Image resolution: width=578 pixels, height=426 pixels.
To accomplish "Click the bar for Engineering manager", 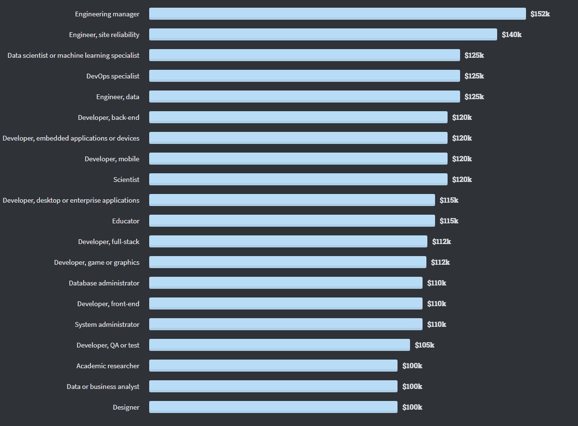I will point(337,14).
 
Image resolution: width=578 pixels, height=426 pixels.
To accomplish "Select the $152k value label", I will point(540,14).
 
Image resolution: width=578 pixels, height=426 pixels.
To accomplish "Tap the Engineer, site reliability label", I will point(104,35).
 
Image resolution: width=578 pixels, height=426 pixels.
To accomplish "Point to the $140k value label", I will point(512,35).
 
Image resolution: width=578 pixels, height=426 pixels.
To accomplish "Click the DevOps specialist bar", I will point(304,76).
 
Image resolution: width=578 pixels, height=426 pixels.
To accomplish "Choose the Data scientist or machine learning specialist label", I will point(73,55).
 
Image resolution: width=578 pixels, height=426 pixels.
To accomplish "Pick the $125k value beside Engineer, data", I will point(474,97).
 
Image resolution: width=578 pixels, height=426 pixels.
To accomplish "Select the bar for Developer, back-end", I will point(298,117).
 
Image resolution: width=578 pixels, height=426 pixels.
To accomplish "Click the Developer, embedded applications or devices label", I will point(71,138).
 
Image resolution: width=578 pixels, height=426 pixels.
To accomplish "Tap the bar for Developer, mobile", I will point(298,159).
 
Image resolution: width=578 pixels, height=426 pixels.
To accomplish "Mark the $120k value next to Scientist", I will point(462,180).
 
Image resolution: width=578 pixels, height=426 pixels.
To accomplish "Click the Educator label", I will point(126,221).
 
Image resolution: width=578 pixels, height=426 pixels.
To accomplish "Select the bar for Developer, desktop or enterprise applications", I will point(292,200).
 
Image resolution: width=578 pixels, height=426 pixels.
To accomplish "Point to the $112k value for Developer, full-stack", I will point(441,242).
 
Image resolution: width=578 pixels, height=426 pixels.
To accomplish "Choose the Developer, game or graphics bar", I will point(287,262).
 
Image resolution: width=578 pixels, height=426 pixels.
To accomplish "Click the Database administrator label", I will point(104,283).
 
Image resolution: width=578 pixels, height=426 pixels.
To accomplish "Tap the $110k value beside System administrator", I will point(437,324).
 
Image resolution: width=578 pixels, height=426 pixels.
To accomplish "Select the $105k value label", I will point(424,345).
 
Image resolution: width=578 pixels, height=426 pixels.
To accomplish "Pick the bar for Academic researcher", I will point(273,366).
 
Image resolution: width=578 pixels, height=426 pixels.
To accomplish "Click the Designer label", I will point(126,407).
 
